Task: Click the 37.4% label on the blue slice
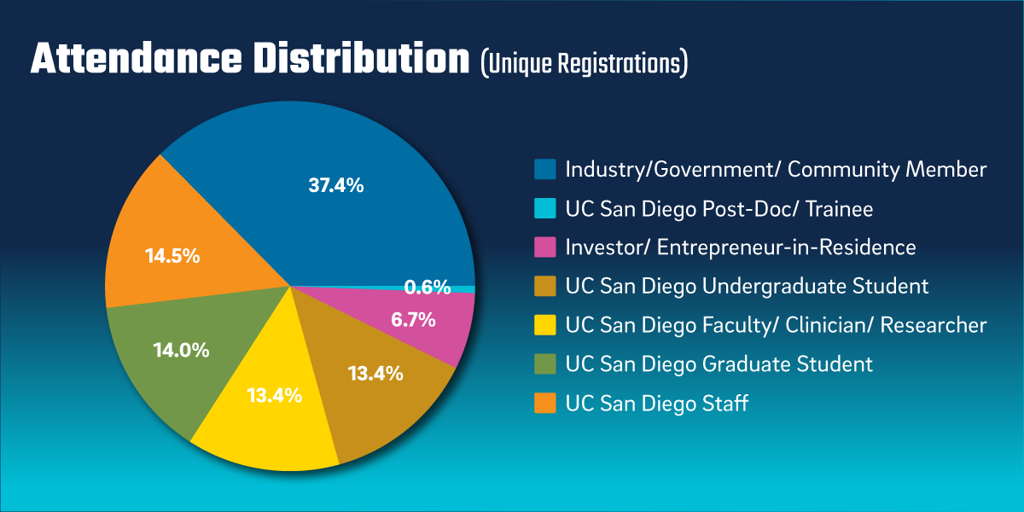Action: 335,184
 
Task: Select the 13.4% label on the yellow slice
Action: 274,395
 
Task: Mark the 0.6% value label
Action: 427,288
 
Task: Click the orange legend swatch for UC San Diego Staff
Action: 545,403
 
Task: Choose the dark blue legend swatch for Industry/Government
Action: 545,169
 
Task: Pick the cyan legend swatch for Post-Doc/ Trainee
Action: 545,208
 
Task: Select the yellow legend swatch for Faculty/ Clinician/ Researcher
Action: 545,325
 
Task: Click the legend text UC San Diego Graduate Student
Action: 719,364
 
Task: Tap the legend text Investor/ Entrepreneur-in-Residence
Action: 740,247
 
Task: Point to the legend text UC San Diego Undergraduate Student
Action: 747,286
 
